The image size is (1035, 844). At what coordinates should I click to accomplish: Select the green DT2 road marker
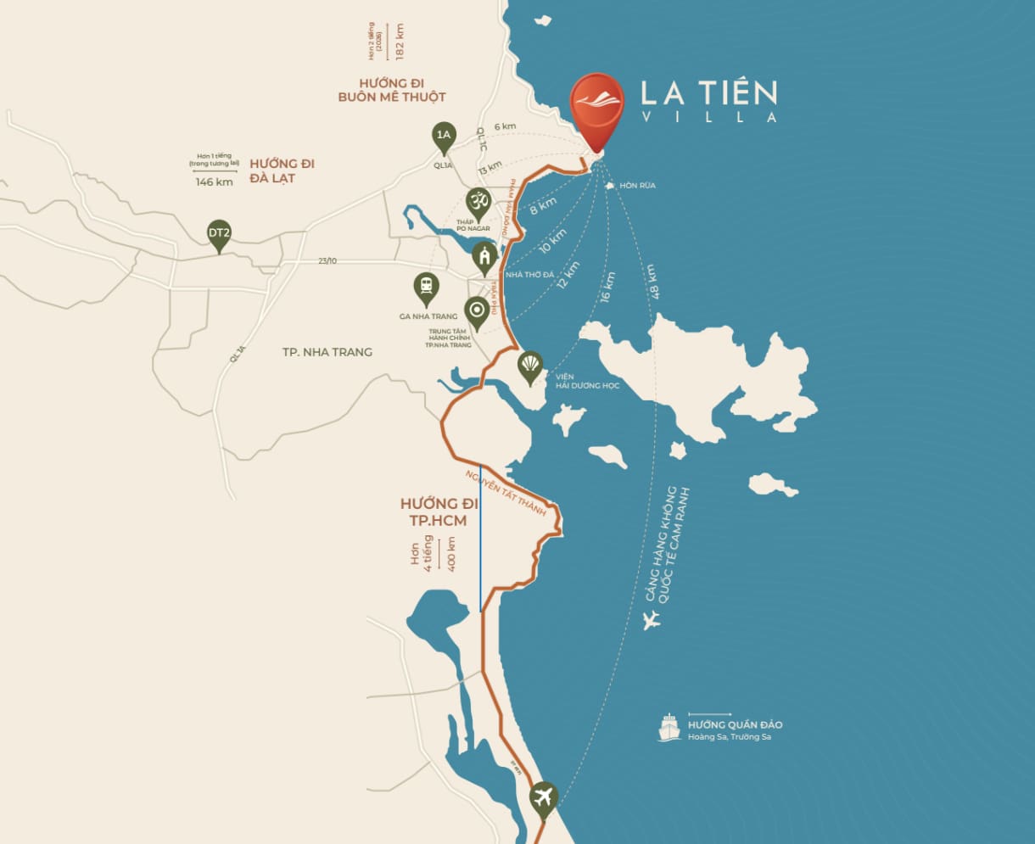point(219,234)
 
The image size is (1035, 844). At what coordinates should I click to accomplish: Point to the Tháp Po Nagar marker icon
point(478,204)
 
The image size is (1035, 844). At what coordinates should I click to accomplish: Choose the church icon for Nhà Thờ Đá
point(484,256)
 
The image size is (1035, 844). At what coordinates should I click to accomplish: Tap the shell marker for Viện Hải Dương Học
point(530,366)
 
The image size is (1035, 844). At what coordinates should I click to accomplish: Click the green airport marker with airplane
point(543,797)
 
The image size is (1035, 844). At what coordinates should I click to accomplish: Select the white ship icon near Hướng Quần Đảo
point(669,728)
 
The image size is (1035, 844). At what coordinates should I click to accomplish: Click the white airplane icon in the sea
point(652,620)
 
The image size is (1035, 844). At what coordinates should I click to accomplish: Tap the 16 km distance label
point(607,287)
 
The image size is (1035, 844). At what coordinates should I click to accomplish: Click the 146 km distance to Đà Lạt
point(214,182)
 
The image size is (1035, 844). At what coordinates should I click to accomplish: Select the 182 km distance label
point(400,41)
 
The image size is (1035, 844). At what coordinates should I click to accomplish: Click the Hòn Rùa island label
point(637,185)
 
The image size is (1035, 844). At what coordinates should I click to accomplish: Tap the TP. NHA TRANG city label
point(327,352)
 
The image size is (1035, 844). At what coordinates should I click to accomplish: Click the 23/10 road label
point(327,260)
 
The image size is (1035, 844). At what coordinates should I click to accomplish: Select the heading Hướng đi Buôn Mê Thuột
point(390,90)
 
